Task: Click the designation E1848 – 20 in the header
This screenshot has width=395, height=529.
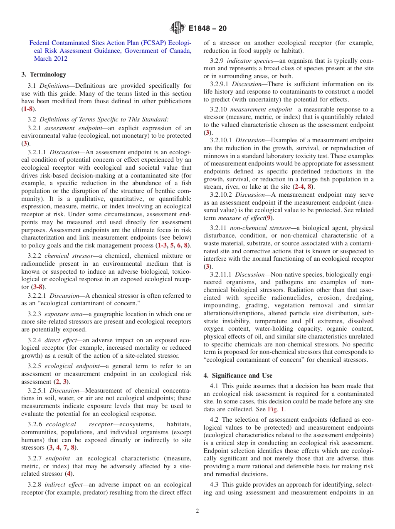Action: tap(207, 29)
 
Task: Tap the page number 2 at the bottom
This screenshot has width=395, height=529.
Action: tap(197, 511)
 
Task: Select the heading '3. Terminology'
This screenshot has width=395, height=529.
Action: tap(44, 74)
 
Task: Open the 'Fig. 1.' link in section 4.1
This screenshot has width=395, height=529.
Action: tap(277, 409)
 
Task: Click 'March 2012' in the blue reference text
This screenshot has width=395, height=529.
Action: tap(49, 59)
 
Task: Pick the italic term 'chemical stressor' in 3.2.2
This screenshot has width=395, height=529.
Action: tap(69, 256)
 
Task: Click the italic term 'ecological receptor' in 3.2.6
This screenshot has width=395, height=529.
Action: tap(77, 424)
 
